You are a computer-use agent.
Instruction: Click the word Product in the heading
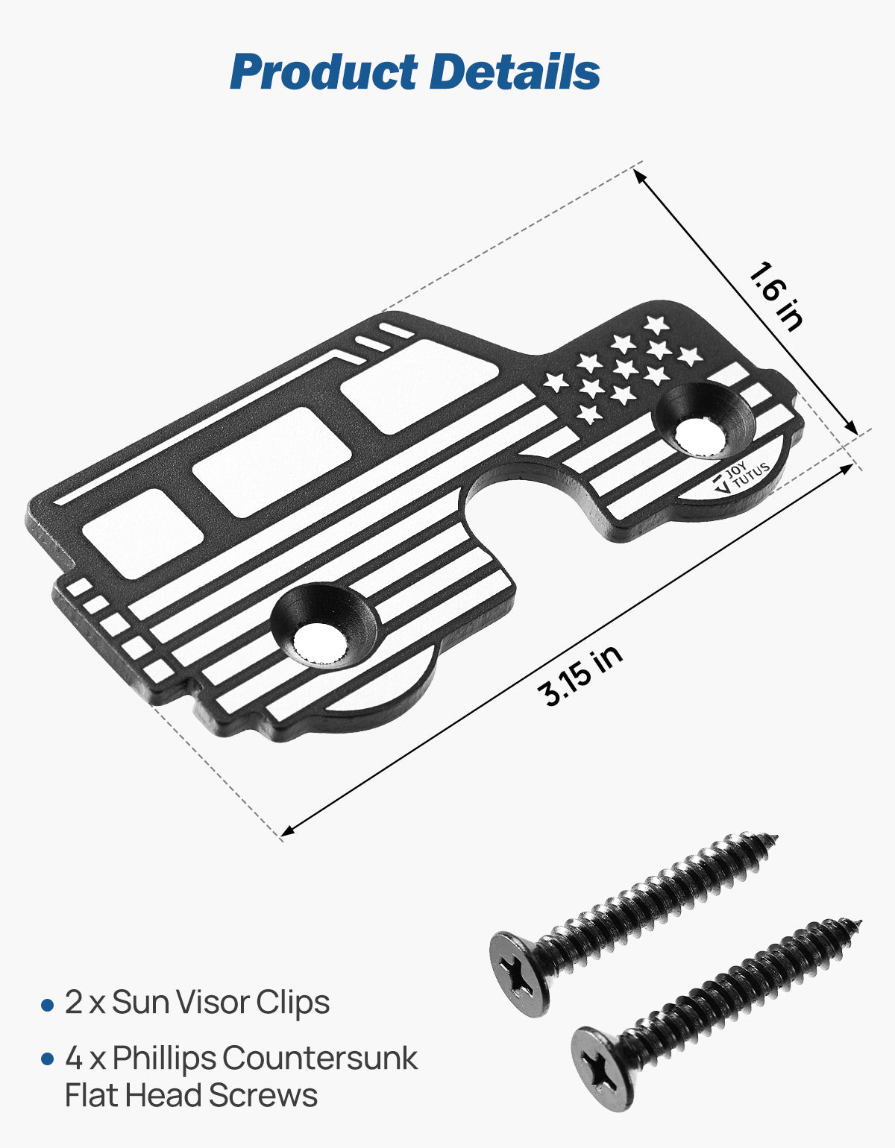point(324,73)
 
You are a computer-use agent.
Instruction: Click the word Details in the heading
point(515,73)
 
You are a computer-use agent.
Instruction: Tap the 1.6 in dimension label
point(776,295)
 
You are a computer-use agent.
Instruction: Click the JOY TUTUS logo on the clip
point(741,477)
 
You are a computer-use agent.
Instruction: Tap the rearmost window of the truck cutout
point(142,532)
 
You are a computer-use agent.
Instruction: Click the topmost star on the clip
point(656,324)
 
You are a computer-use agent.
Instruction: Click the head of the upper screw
point(519,973)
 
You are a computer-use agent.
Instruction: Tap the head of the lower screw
point(603,1068)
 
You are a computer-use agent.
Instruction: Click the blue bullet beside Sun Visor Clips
point(48,1006)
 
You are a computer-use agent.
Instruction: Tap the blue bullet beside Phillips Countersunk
point(48,1059)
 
